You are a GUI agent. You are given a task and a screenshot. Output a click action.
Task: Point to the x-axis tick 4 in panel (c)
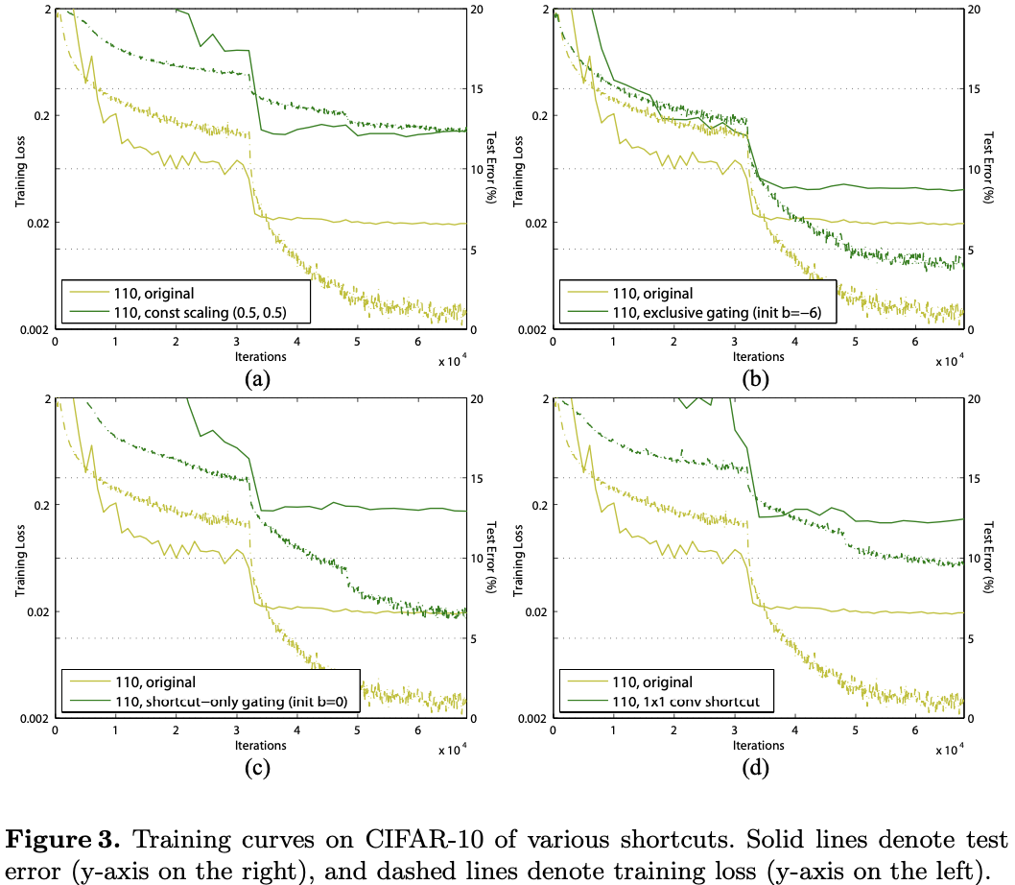point(296,730)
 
